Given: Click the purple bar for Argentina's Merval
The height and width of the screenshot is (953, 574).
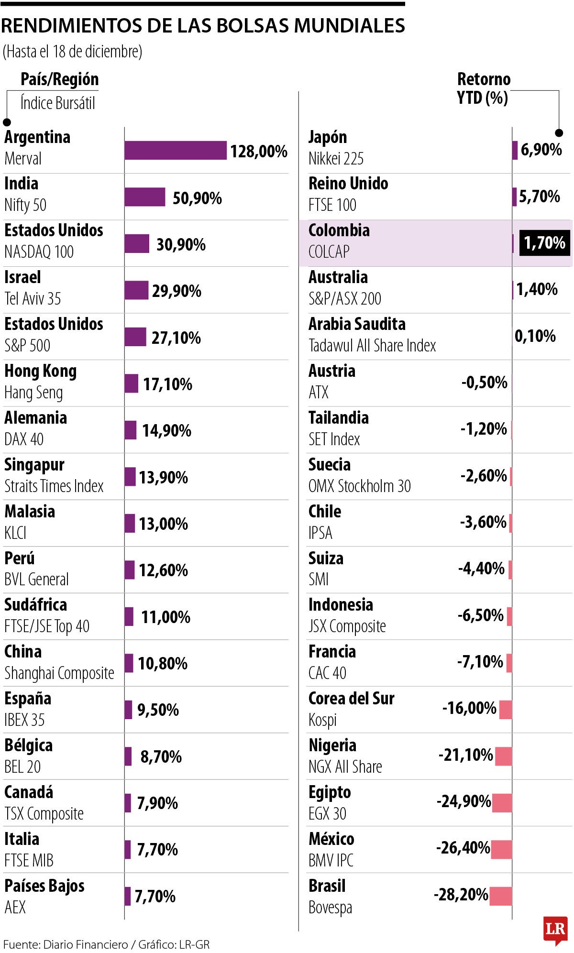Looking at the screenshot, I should tap(176, 150).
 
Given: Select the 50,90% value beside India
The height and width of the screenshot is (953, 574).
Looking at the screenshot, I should tap(197, 198).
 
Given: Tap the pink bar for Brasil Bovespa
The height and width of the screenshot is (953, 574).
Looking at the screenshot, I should tap(501, 896).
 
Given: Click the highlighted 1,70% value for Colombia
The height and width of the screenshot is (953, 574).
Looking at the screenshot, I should tap(544, 243).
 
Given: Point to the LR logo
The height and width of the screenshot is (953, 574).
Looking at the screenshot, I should tap(555, 930).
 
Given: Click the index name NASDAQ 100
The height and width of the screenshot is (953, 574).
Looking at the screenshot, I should tap(39, 252).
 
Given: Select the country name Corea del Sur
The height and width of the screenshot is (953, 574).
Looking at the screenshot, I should tap(351, 699).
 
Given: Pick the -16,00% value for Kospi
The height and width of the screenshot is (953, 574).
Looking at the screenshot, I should tap(469, 708).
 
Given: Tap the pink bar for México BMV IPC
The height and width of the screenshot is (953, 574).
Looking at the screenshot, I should tap(502, 849).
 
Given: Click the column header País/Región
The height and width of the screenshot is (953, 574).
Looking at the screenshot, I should tap(59, 79).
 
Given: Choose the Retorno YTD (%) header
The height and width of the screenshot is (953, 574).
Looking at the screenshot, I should tap(483, 88).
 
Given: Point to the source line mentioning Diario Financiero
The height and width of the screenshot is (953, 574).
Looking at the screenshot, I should tap(106, 944).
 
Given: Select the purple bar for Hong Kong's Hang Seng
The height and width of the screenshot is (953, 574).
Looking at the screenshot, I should tap(132, 383).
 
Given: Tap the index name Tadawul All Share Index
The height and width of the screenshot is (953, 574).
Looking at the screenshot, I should tap(372, 345).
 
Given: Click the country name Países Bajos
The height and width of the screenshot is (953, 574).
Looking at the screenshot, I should tap(44, 886).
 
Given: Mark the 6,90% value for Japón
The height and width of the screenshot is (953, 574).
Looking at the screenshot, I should tap(541, 150).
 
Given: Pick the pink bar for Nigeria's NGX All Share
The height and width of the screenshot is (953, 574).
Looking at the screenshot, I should tap(504, 756).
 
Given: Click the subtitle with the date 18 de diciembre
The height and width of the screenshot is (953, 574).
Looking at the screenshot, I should tap(72, 52).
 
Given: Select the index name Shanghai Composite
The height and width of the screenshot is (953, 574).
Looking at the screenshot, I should tap(59, 673).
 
